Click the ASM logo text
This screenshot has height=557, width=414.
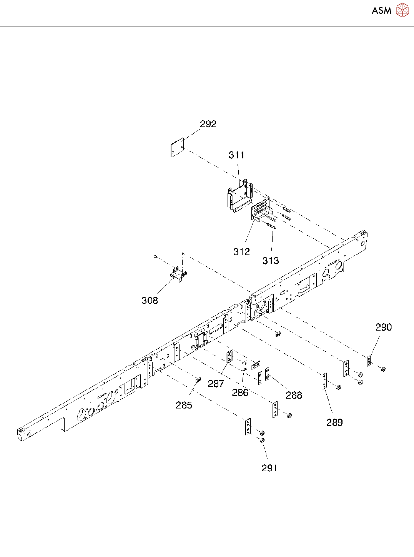click(381, 10)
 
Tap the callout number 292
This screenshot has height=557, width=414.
click(208, 124)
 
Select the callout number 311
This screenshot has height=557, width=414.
click(236, 155)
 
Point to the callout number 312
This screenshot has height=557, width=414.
click(241, 252)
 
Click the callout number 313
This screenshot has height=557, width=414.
click(271, 261)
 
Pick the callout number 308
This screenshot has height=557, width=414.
click(150, 301)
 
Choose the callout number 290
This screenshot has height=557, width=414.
click(383, 327)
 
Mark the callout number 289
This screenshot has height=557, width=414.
click(334, 422)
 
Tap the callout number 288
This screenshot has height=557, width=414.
click(294, 395)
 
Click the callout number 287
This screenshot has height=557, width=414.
click(216, 384)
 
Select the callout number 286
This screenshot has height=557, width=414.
click(240, 392)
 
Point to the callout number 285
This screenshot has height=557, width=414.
click(184, 405)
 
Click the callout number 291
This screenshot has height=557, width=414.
click(269, 468)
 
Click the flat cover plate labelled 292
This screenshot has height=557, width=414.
click(177, 148)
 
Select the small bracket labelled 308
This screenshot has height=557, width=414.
click(178, 274)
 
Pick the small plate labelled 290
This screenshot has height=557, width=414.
click(369, 361)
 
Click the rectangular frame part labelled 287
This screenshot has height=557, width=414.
click(229, 357)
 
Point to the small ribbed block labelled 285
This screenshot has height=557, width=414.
click(199, 380)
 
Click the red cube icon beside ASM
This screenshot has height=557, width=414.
click(402, 10)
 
